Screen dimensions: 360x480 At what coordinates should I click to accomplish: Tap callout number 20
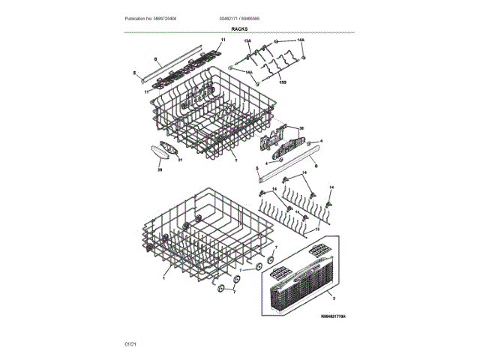(x=159, y=169)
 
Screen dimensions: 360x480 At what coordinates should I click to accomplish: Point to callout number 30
(x=301, y=127)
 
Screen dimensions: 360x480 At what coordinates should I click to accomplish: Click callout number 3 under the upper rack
(x=235, y=160)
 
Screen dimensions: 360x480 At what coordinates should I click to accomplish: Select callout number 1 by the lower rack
(x=163, y=276)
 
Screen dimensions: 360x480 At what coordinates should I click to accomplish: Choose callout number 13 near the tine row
(x=316, y=226)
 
